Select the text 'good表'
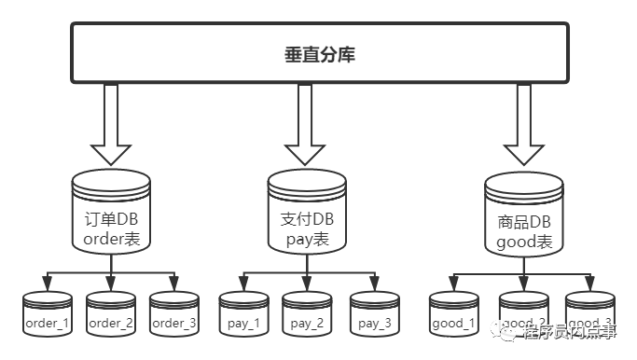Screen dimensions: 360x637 point(525,242)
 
